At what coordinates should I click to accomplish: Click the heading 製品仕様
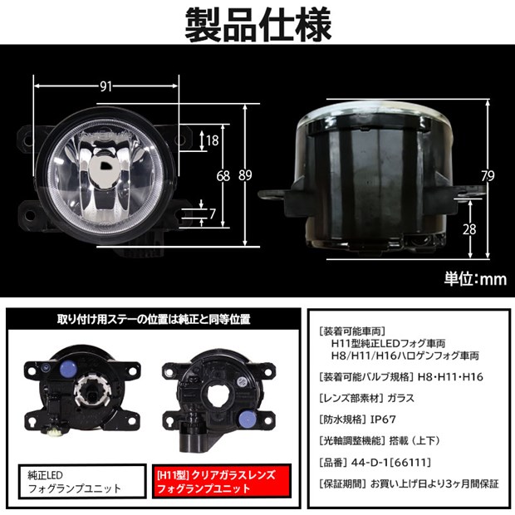[x=257, y=22]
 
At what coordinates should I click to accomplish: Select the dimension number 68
[x=223, y=175]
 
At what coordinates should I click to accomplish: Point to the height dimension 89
[x=245, y=175]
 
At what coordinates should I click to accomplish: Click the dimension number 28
[x=469, y=228]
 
